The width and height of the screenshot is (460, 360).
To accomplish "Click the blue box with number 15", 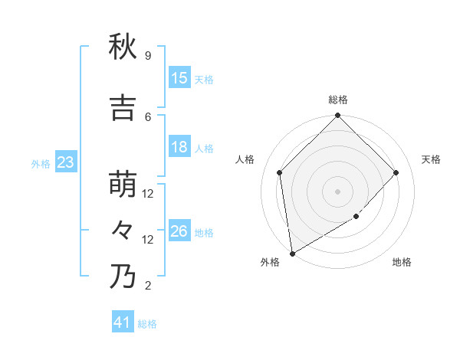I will [179, 78].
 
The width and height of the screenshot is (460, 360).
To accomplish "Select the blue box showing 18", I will [179, 147].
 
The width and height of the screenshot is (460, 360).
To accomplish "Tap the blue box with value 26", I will [179, 231].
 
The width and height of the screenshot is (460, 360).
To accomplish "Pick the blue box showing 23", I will [65, 162].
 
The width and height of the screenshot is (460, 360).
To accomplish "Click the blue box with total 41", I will [123, 322].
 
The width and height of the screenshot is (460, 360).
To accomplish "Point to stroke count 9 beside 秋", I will [148, 56].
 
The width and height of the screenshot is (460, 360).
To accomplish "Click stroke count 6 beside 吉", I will [148, 116].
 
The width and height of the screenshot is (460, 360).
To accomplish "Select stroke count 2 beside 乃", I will [148, 286].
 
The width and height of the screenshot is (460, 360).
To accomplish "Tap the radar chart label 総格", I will [338, 100].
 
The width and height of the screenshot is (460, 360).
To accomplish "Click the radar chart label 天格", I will [431, 159].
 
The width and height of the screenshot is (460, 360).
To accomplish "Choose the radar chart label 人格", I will [245, 159].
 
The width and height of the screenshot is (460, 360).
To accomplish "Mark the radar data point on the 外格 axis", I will [292, 253].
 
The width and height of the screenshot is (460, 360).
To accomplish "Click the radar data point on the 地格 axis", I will [356, 217].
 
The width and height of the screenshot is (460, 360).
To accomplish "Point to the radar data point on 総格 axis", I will [338, 116].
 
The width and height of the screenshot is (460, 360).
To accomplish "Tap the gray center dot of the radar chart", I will [338, 191].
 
